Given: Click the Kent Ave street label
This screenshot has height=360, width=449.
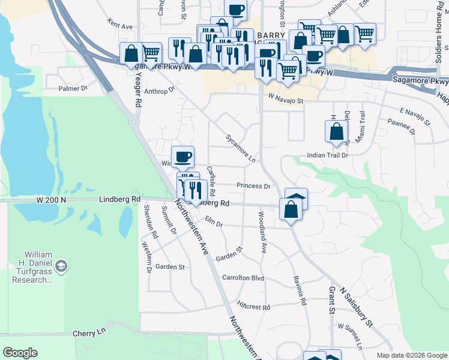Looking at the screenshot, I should click(x=120, y=26).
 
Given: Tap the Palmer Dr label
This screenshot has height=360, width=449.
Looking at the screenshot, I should click(x=73, y=89).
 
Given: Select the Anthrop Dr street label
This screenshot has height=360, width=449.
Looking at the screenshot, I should click(x=159, y=91).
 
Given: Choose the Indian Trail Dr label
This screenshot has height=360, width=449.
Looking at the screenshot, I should click(x=328, y=155).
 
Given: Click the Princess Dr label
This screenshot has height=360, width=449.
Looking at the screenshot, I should click(x=253, y=186).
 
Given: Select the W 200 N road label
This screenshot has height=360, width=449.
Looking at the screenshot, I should click(x=50, y=199).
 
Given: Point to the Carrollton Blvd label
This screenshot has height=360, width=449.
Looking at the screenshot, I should click(x=243, y=278).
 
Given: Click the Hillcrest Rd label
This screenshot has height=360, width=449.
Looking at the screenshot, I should click(x=253, y=307).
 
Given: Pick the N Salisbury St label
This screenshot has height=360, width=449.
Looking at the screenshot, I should click(x=356, y=306).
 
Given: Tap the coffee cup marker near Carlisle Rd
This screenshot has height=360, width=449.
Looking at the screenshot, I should click(x=183, y=157).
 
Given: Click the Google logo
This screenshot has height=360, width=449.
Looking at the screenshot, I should click(x=20, y=353).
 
